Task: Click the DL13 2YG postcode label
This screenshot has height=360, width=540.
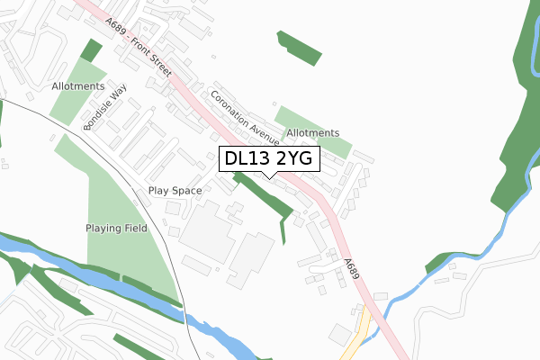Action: (x=267, y=159)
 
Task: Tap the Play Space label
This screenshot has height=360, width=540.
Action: (x=175, y=191)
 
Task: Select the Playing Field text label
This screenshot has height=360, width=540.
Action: (x=116, y=229)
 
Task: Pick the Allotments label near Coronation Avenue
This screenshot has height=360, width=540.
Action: (x=313, y=133)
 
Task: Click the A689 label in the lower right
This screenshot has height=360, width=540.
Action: (x=352, y=267)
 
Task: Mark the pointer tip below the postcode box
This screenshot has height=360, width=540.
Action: (x=268, y=176)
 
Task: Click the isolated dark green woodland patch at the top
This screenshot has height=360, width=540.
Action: (x=300, y=49)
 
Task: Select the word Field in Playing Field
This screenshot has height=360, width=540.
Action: (x=133, y=229)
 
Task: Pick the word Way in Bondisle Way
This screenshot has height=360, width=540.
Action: (x=118, y=94)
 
